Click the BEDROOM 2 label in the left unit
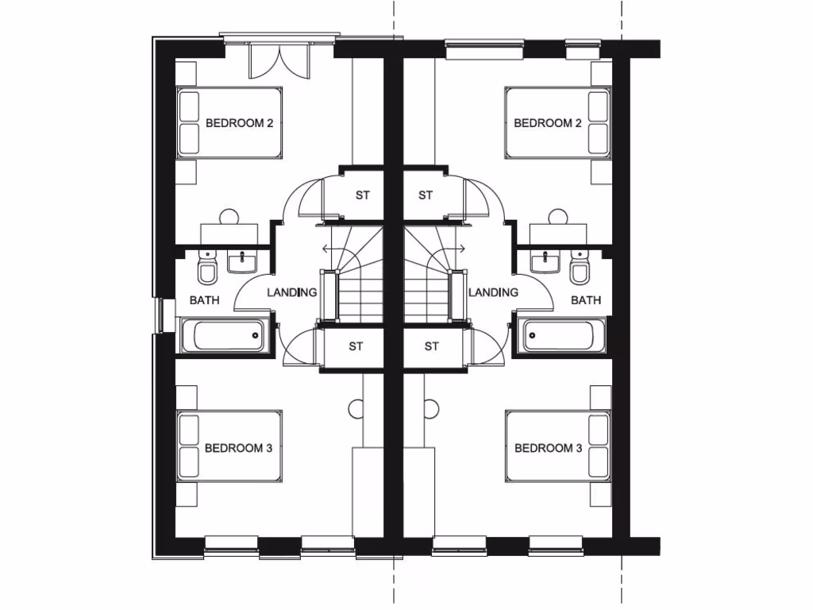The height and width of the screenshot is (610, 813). pyautogui.click(x=239, y=123)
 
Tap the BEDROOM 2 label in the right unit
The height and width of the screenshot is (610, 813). pyautogui.click(x=548, y=123)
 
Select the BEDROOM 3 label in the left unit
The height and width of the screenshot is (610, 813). pyautogui.click(x=238, y=448)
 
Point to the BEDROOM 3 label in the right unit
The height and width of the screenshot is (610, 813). pyautogui.click(x=548, y=448)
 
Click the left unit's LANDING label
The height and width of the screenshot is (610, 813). pyautogui.click(x=291, y=292)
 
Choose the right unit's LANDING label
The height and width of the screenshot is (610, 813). pyautogui.click(x=493, y=292)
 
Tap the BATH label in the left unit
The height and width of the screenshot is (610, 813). pyautogui.click(x=204, y=300)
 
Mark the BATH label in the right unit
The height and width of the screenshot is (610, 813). pyautogui.click(x=586, y=300)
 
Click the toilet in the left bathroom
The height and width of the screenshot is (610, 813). pyautogui.click(x=207, y=268)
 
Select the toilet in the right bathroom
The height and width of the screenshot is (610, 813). pyautogui.click(x=580, y=268)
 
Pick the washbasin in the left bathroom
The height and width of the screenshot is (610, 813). pyautogui.click(x=240, y=261)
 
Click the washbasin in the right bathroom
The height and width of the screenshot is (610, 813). pyautogui.click(x=545, y=261)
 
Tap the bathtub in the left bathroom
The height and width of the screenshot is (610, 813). pyautogui.click(x=223, y=335)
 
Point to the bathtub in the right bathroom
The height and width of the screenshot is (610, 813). pyautogui.click(x=564, y=335)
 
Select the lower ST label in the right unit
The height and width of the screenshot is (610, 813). pyautogui.click(x=431, y=346)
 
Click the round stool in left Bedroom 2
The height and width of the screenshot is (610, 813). pyautogui.click(x=229, y=216)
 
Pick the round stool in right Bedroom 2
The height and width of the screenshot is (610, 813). pyautogui.click(x=557, y=216)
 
